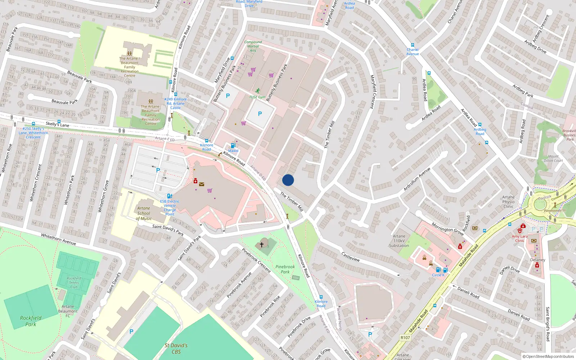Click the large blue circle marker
[x=288, y=180]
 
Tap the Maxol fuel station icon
[x=233, y=145]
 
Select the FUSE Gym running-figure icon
[x=258, y=91]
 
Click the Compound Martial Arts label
[x=253, y=46]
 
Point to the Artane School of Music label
[x=144, y=213]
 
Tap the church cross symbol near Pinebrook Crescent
[x=262, y=244]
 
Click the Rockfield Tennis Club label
[x=74, y=283]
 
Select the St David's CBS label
[x=176, y=348]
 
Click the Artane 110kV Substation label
[x=399, y=241]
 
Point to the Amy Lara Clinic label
[x=519, y=238]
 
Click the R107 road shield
[x=405, y=338]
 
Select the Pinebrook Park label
[x=285, y=269]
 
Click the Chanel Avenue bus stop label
[x=413, y=51]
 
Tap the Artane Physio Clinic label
[x=508, y=202]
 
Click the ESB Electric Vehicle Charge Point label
[x=170, y=208]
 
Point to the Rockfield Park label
[x=31, y=321]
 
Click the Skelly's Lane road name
[x=58, y=124]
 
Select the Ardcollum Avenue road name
[x=417, y=179]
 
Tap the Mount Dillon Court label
[x=553, y=158]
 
